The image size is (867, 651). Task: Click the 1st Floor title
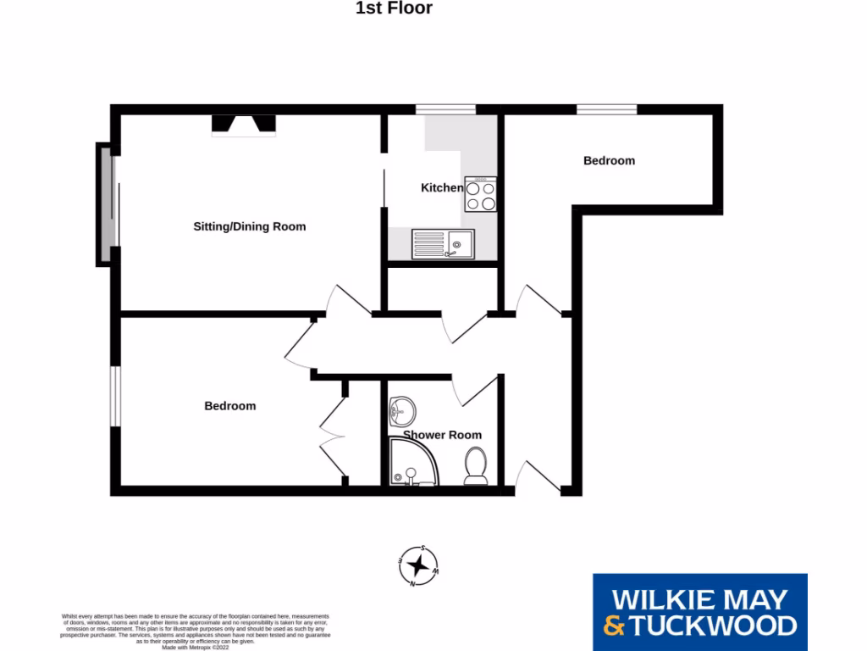coord(393,8)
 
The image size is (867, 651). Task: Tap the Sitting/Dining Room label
coord(250,226)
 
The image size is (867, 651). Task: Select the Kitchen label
coord(441,187)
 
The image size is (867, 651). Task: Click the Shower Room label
coord(442,435)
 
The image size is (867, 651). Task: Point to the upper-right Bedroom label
coord(609,160)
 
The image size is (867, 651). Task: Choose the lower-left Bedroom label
coord(229,406)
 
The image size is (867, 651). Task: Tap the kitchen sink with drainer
coord(443,245)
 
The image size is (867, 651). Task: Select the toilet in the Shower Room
coord(476,467)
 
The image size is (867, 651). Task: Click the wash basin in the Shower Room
coord(400,413)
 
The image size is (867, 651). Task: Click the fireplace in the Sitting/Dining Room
coord(244,125)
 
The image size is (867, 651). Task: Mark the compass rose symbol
coord(417,565)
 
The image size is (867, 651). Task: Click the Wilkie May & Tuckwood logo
coord(699,613)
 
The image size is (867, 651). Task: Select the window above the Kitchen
coord(445,109)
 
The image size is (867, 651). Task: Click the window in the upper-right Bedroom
coord(606,109)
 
